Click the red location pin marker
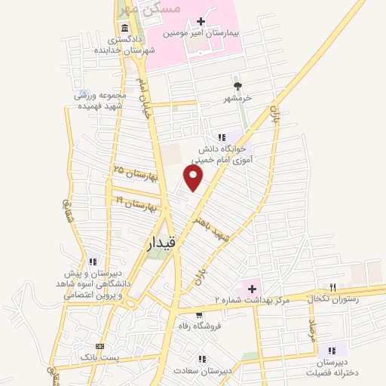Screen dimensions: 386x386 point(195,177)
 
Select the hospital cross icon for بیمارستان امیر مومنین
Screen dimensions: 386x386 point(201,22)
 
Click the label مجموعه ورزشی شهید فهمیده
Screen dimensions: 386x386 point(98,100)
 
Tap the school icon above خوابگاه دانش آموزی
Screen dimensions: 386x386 point(221,137)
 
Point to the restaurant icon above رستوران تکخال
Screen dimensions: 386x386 point(332,286)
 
